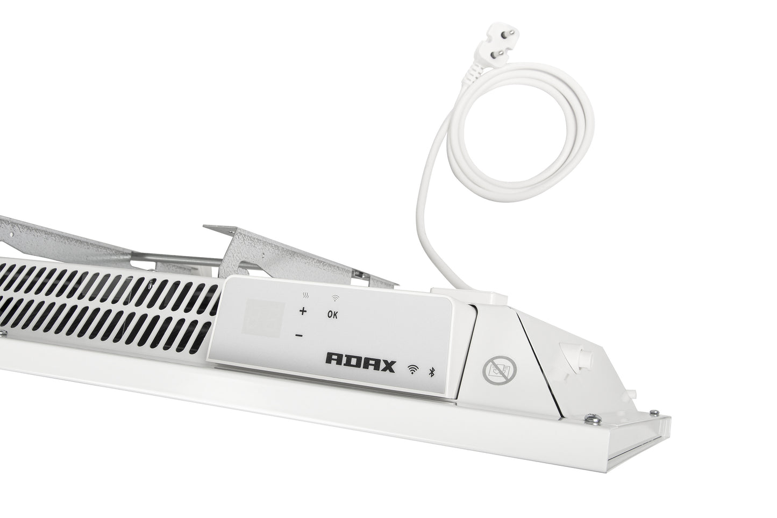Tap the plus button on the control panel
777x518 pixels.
click(x=303, y=311)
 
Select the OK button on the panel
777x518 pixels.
click(x=332, y=315)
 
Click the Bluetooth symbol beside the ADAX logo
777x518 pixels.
click(x=432, y=372)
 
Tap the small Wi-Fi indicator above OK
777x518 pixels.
click(x=336, y=298)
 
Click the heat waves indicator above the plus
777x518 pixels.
click(x=306, y=296)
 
